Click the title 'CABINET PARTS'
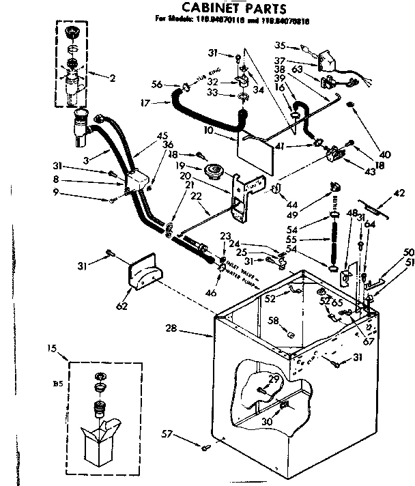pyautogui.click(x=225, y=8)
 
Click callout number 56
pyautogui.click(x=158, y=85)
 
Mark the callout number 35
pyautogui.click(x=280, y=46)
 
